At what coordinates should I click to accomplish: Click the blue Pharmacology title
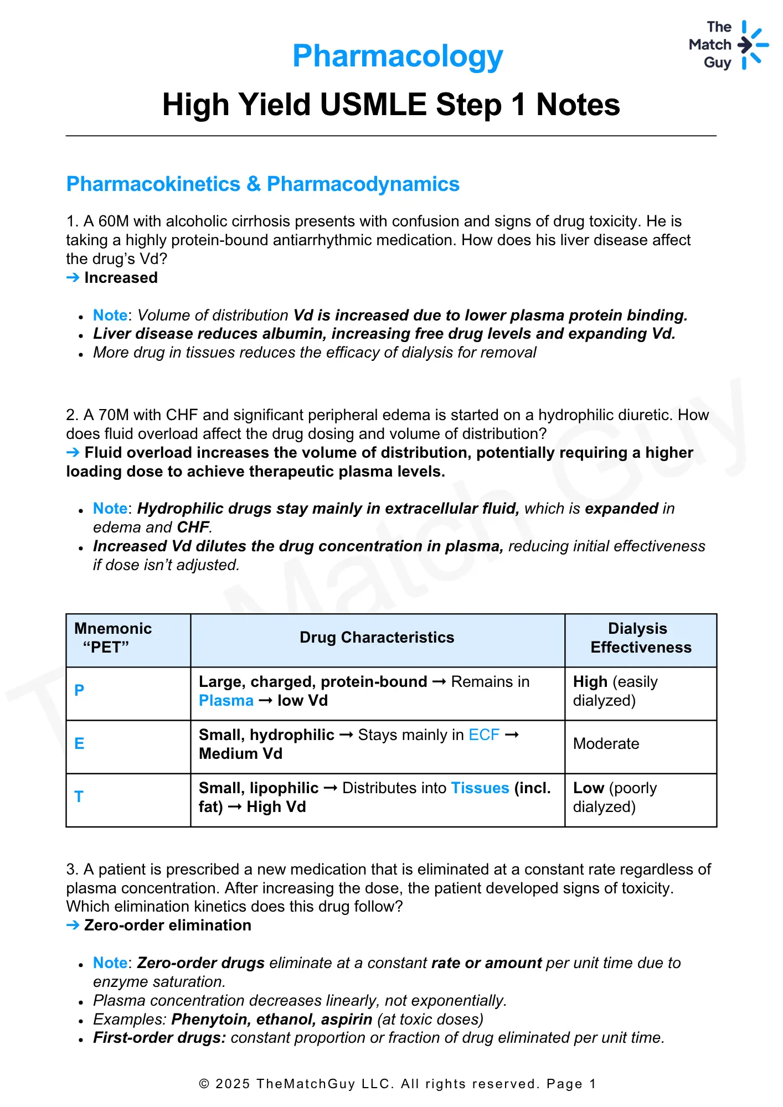[398, 56]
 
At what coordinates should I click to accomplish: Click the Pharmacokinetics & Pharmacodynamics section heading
[262, 184]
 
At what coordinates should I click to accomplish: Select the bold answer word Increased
[121, 278]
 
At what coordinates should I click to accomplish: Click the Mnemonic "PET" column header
[113, 638]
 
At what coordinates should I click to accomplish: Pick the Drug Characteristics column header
[377, 638]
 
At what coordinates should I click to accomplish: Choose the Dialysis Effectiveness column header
[640, 638]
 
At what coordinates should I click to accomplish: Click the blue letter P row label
[79, 690]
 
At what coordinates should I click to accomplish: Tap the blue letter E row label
[79, 743]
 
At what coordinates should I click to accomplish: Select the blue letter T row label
[79, 796]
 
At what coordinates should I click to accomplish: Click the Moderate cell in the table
[606, 744]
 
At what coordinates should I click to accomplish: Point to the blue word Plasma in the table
[226, 701]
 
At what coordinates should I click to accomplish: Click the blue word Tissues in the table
[480, 788]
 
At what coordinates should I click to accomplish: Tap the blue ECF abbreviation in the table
[484, 735]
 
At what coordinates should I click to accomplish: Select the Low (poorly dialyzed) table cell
[615, 797]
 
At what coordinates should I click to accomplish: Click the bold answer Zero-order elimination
[167, 925]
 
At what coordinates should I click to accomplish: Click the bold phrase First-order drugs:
[159, 1038]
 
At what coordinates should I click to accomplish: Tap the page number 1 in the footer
[593, 1084]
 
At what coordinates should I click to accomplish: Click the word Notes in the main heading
[578, 105]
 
